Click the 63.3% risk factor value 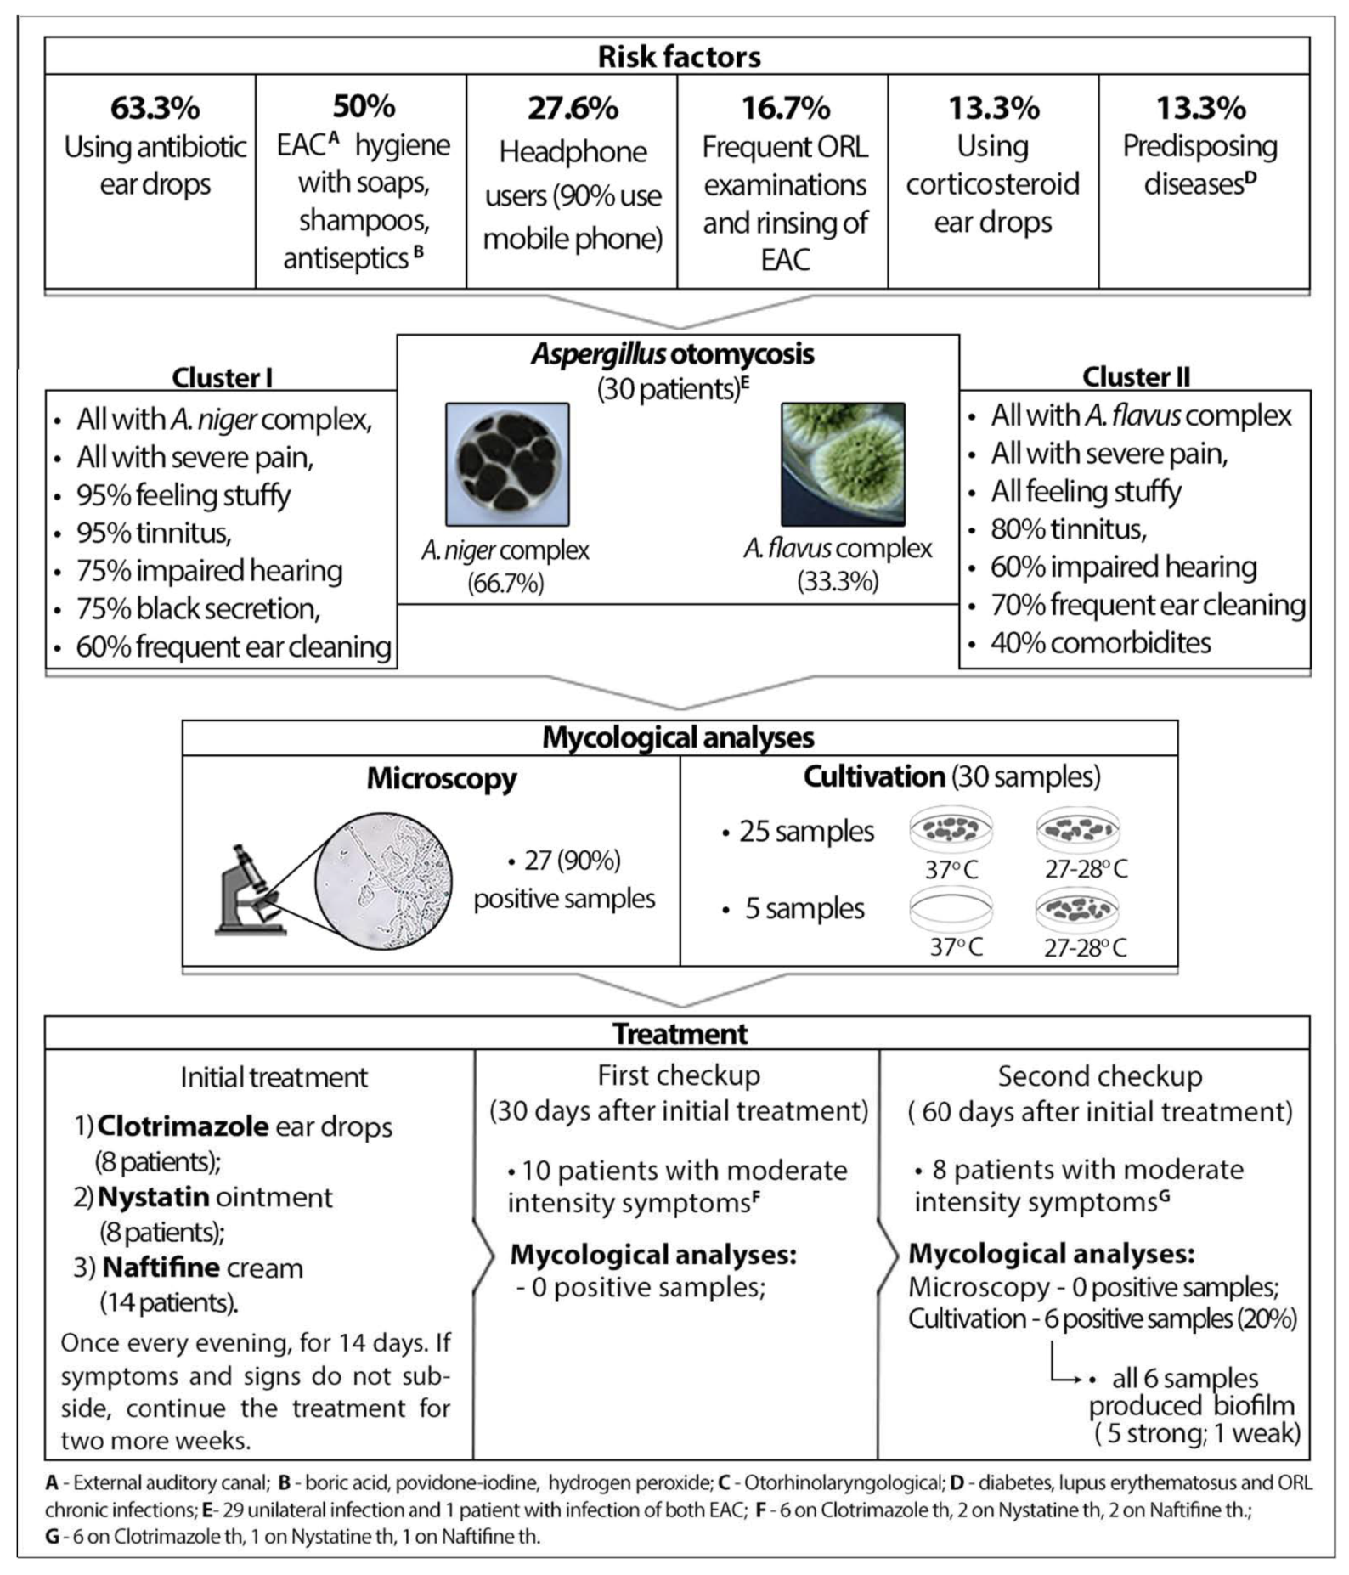[155, 109]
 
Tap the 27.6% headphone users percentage [573, 109]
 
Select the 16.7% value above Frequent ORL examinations [785, 109]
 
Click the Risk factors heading [679, 57]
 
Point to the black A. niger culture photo [507, 465]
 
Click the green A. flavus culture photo [843, 465]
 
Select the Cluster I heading [222, 377]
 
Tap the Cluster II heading [1136, 376]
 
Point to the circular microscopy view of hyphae [383, 881]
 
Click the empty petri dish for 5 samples [951, 907]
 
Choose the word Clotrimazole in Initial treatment [183, 1126]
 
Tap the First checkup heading [678, 1075]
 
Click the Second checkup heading [1099, 1076]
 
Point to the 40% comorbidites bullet [1100, 643]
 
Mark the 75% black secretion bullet [198, 609]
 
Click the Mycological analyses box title [678, 737]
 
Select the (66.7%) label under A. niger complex [505, 584]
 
